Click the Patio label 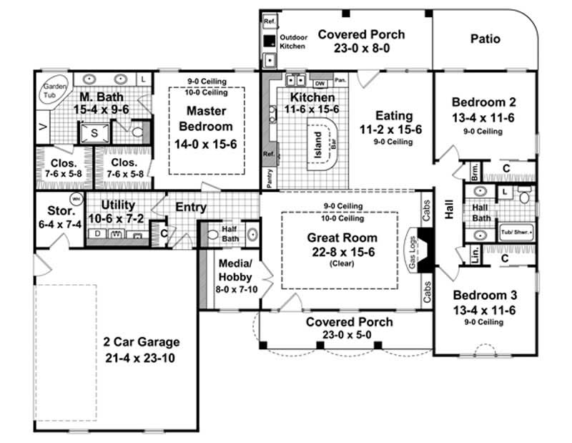point(485,39)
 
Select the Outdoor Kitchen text point(292,41)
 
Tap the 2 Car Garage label point(140,342)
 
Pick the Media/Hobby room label point(234,268)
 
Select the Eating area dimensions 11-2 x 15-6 point(394,130)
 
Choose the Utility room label point(118,205)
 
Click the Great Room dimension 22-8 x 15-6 point(340,252)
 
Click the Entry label point(191,208)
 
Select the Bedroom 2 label point(484,102)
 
